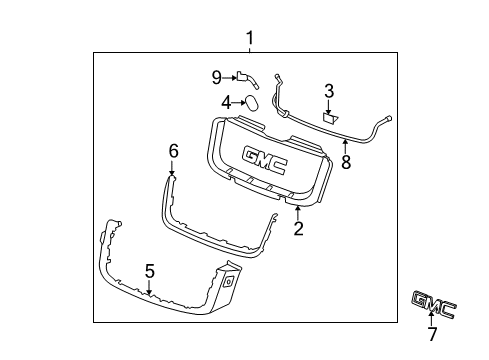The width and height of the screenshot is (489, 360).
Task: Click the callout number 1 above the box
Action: [x=250, y=38]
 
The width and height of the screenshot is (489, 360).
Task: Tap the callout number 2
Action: [x=298, y=228]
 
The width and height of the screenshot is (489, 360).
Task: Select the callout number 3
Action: [x=329, y=91]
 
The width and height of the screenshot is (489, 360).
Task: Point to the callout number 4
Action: [x=226, y=103]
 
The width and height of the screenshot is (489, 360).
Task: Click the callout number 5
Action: [x=150, y=271]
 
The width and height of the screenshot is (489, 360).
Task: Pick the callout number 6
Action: [x=173, y=151]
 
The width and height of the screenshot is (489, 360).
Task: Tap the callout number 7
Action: [x=432, y=334]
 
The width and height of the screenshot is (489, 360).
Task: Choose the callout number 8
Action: [x=346, y=162]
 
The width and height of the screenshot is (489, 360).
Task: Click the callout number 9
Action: [x=217, y=78]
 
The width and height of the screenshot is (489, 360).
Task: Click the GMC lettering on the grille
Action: [x=265, y=160]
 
